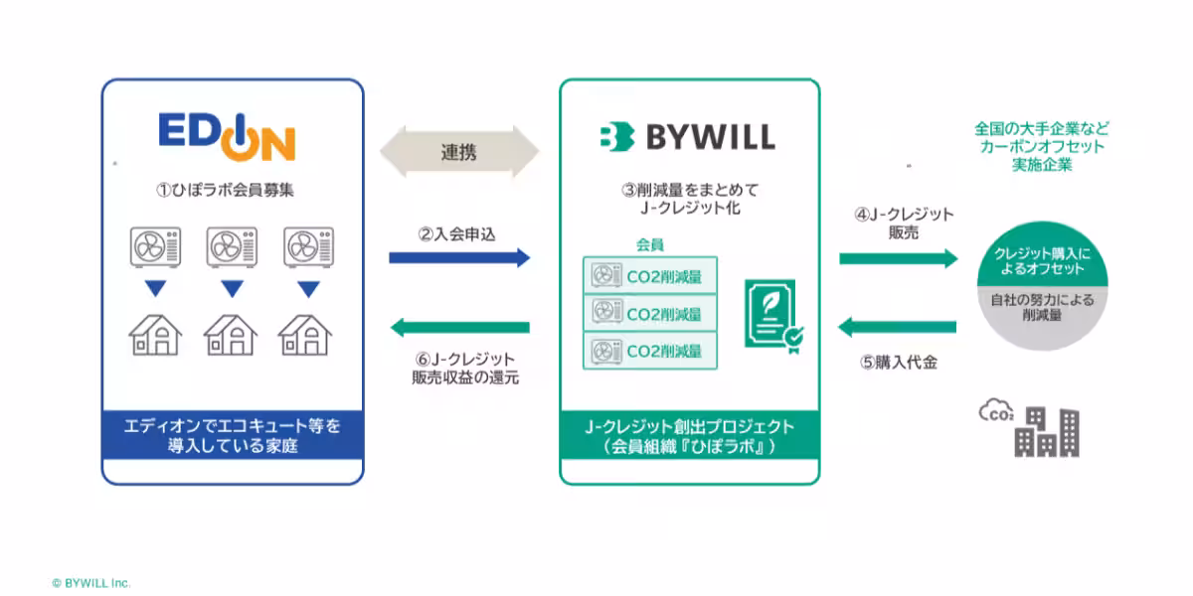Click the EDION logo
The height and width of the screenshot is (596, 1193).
point(227,137)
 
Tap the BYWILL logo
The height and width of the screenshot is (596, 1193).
point(688,137)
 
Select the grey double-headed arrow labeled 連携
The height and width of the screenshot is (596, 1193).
point(459,152)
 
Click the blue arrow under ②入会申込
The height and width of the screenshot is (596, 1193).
point(459,258)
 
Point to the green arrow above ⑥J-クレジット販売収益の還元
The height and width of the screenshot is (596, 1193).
point(460,327)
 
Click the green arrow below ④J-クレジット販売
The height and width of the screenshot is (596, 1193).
point(899,259)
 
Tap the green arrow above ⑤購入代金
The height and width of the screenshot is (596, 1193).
point(898,327)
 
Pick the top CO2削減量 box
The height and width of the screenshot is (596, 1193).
point(650,275)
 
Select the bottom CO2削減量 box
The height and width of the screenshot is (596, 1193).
point(650,351)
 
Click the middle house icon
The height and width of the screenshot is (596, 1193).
point(231,335)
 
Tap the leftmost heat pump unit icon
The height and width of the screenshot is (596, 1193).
point(155,247)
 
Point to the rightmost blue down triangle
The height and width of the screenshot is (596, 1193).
point(308,289)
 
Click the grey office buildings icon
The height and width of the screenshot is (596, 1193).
point(1047,432)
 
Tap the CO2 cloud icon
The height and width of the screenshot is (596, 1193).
point(996,410)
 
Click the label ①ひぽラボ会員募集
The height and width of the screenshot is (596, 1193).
point(225,190)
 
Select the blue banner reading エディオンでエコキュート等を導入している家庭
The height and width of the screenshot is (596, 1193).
point(233,435)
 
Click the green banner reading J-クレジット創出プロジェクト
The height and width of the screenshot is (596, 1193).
point(690,435)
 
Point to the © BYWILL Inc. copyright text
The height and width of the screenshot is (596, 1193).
point(91,583)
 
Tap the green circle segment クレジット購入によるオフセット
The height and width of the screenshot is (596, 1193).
point(1042,256)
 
